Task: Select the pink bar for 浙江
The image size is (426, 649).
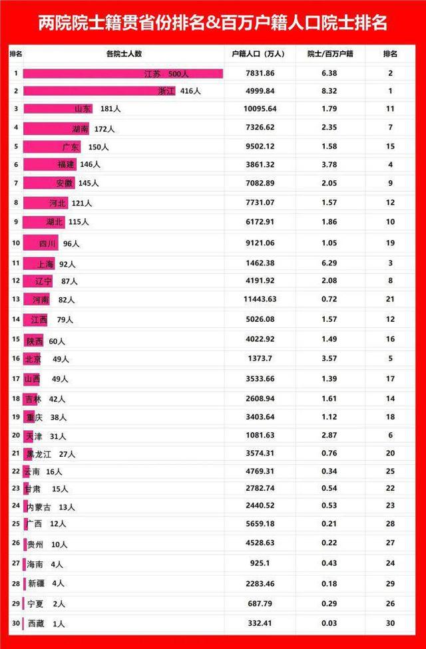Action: coord(99,90)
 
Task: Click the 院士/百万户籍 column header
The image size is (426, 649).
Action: coord(331,53)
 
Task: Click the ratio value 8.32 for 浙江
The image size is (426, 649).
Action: coord(331,90)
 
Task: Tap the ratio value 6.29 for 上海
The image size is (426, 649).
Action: coord(331,264)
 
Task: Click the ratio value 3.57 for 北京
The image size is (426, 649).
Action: coord(331,359)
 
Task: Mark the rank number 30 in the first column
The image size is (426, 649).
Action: coord(16,624)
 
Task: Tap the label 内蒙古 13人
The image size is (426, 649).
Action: coord(50,507)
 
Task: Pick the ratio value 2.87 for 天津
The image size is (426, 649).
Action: coord(331,435)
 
